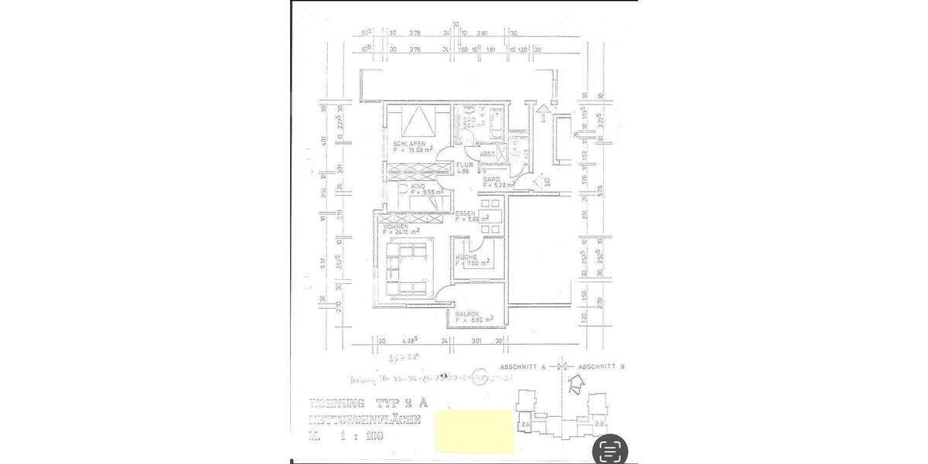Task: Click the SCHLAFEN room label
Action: (408, 145)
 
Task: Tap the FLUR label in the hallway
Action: (463, 165)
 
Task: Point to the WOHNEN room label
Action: (395, 226)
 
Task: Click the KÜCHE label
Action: (466, 257)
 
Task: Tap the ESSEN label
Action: (465, 213)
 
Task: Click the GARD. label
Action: (491, 179)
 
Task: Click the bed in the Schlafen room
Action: (418, 121)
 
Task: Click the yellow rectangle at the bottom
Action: (474, 431)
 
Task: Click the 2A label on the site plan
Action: (525, 425)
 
